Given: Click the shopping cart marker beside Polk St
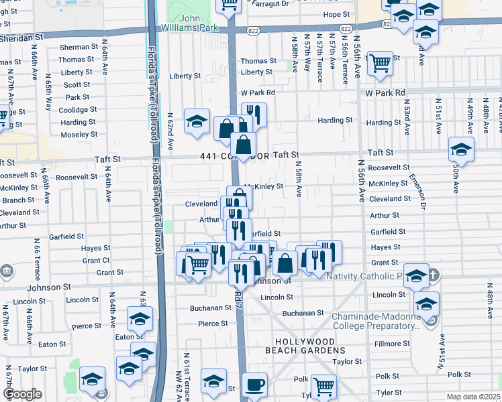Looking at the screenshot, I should (x=323, y=386).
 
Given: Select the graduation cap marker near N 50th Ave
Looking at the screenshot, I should (x=461, y=148).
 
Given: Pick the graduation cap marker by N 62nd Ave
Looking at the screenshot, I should (x=197, y=121).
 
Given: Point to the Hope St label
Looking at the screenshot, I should (x=336, y=14).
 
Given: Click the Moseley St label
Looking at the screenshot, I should (x=79, y=135).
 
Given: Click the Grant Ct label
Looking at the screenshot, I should (x=95, y=261).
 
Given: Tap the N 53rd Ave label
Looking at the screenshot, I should (x=407, y=115).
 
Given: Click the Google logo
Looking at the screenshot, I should (x=22, y=395).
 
